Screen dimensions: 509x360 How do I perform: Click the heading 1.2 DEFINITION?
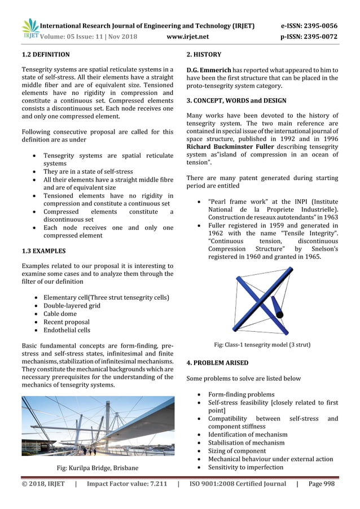click(46, 55)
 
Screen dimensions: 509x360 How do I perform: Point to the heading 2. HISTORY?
click(204, 55)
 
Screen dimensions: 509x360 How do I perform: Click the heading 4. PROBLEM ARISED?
click(217, 362)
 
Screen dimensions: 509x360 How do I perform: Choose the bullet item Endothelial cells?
click(67, 330)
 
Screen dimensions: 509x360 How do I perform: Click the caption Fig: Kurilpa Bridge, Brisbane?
click(98, 468)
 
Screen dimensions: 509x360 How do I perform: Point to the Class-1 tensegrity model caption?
click(262, 344)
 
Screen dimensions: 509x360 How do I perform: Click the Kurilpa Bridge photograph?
click(98, 425)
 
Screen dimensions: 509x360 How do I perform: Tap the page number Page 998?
click(323, 484)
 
